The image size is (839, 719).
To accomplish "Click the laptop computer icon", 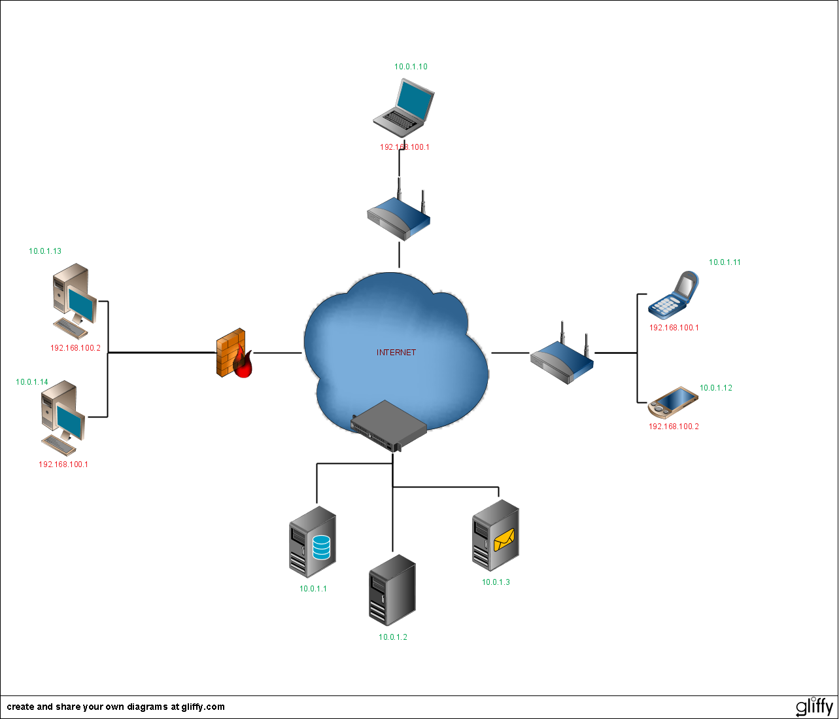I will (404, 105).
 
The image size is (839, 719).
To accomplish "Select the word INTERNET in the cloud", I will (396, 353).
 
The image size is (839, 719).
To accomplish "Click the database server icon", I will (313, 541).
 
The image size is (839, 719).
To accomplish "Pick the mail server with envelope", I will (496, 536).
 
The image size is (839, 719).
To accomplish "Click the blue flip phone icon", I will (674, 295).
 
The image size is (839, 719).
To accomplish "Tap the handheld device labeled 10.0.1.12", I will (672, 402).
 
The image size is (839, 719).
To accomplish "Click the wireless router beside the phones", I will (562, 357).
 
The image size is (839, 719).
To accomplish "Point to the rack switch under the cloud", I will (389, 426).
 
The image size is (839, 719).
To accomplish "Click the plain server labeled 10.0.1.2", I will (392, 590).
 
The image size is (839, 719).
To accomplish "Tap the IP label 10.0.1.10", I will (411, 67).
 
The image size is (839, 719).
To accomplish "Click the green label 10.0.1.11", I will (725, 262).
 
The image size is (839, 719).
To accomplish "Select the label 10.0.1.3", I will (496, 582).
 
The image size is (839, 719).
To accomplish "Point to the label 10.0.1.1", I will (313, 589).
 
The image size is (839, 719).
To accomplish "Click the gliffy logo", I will (814, 707).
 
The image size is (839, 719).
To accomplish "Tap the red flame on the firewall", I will (243, 364).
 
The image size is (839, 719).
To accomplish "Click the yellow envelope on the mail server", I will (504, 540).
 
